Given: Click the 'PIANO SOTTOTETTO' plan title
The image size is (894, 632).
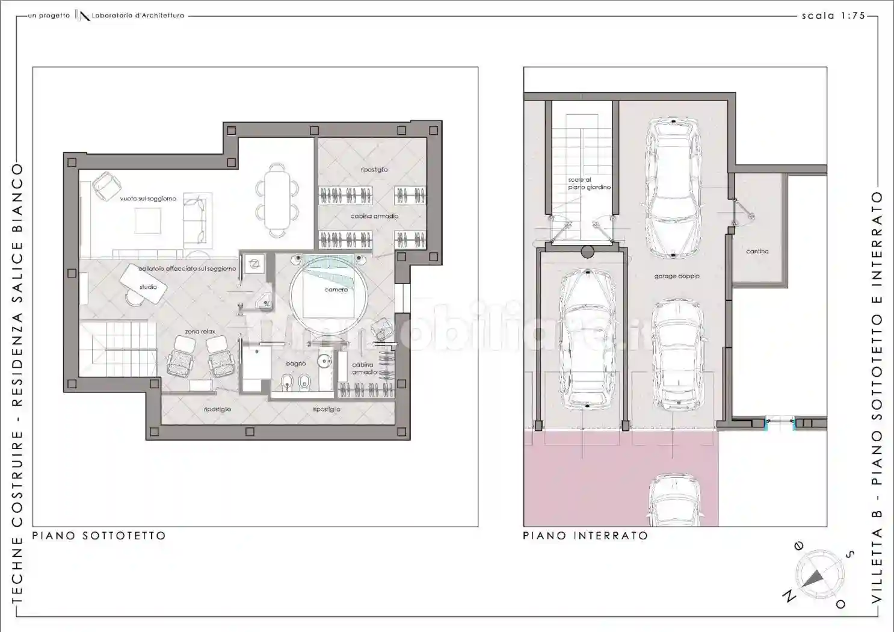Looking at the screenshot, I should [x=99, y=536].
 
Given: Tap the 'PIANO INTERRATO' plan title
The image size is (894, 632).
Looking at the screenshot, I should [x=585, y=536].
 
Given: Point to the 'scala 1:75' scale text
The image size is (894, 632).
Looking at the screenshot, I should [x=833, y=16].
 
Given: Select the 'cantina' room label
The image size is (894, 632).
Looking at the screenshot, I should [x=757, y=252].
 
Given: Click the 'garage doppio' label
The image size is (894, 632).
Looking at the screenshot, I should [x=677, y=276].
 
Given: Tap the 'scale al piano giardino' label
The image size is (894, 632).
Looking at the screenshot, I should [x=589, y=184].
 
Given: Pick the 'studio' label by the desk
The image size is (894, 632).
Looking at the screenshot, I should [x=148, y=287].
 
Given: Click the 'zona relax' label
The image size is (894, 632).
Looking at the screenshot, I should [x=200, y=332].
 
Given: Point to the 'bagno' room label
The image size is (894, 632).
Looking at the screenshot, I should [x=296, y=364].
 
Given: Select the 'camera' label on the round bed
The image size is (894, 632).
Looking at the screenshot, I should [x=336, y=290].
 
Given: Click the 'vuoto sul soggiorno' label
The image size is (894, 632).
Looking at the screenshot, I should [x=148, y=199].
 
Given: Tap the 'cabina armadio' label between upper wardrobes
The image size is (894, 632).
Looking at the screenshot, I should [x=374, y=216].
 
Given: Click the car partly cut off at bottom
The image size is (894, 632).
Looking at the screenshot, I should [x=674, y=500].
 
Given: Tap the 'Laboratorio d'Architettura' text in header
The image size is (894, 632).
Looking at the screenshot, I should [x=138, y=16].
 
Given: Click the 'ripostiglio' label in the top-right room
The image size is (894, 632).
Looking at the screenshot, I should [x=374, y=170].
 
